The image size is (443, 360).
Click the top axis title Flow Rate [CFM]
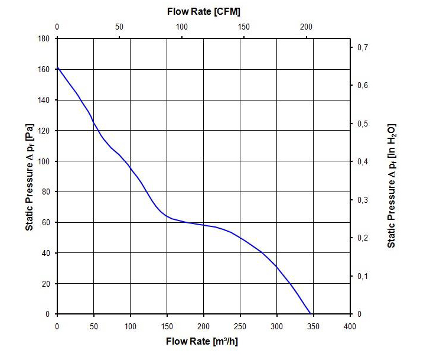tap(203, 11)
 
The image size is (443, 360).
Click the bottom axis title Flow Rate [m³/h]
tap(203, 341)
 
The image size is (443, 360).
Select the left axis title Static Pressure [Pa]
tap(30, 177)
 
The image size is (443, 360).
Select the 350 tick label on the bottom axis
tap(313, 326)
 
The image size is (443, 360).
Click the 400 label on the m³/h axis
tap(350, 326)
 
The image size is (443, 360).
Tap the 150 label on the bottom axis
tap(167, 326)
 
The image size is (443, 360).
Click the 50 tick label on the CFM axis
tap(119, 27)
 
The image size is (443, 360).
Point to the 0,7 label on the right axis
tap(363, 47)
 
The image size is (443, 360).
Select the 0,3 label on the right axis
tap(363, 200)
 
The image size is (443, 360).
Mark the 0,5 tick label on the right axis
tap(363, 124)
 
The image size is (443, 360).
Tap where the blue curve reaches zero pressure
tap(310, 314)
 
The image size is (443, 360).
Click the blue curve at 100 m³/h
tap(131, 168)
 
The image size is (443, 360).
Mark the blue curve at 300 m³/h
tap(276, 267)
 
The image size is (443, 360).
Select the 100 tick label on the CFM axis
tap(182, 27)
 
